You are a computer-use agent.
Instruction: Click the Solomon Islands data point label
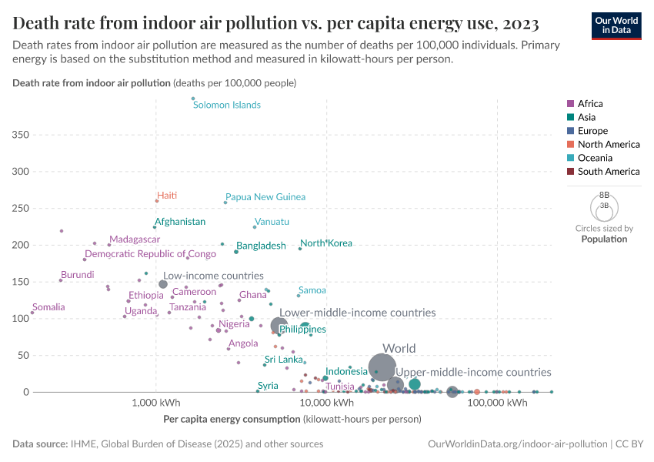[x=226, y=105]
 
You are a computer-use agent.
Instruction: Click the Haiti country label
[x=167, y=196]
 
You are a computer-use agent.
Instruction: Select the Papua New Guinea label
[x=265, y=197]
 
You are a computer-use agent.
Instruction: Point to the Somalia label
[x=48, y=307]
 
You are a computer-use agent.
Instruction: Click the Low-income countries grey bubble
[x=163, y=284]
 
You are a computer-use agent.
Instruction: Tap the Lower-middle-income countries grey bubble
[x=279, y=326]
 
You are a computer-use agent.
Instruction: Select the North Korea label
[x=326, y=243]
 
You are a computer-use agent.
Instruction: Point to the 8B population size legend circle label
[x=604, y=196]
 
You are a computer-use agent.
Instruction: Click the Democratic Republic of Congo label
[x=150, y=254]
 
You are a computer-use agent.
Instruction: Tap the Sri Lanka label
[x=284, y=360]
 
